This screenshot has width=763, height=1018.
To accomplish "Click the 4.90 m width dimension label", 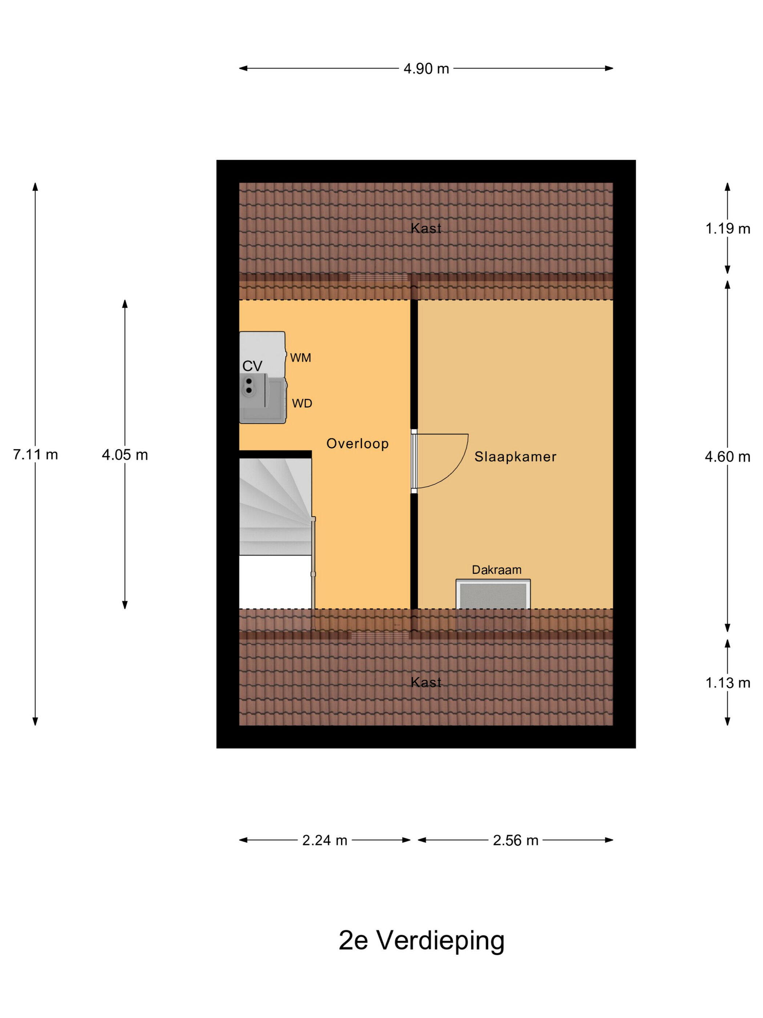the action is coord(426,69).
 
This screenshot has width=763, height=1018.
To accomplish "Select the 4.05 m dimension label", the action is coord(125,455).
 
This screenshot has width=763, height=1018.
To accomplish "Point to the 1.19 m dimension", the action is coord(728,229).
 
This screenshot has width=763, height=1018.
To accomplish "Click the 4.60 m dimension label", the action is coord(728,457).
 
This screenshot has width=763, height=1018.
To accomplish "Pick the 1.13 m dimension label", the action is coord(728,683).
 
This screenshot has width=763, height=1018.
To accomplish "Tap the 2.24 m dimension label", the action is coord(325,840).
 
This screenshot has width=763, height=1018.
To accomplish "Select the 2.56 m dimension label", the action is coord(516,840).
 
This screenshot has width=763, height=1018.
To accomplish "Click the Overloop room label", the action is coord(358,444).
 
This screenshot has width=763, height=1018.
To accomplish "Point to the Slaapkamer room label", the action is coord(516,457).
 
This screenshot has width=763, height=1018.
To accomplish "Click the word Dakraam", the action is coord(497,570).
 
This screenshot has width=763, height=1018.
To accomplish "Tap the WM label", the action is coord(301,358).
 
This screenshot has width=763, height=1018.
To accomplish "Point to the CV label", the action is coord(253,366).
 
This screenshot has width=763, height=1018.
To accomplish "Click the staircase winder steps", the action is coord(275,506).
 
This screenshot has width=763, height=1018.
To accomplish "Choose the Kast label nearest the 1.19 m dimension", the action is coord(426,228).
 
